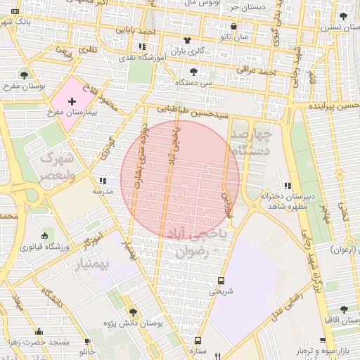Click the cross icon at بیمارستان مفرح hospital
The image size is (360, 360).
pos(72,102)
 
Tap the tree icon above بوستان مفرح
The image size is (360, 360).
pos(25,74)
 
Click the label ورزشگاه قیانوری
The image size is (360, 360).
pos(44,247)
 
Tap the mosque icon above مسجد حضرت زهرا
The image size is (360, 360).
pos(39,332)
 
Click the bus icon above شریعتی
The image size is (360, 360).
pos(221,279)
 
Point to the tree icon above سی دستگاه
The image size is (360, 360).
pos(194,71)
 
